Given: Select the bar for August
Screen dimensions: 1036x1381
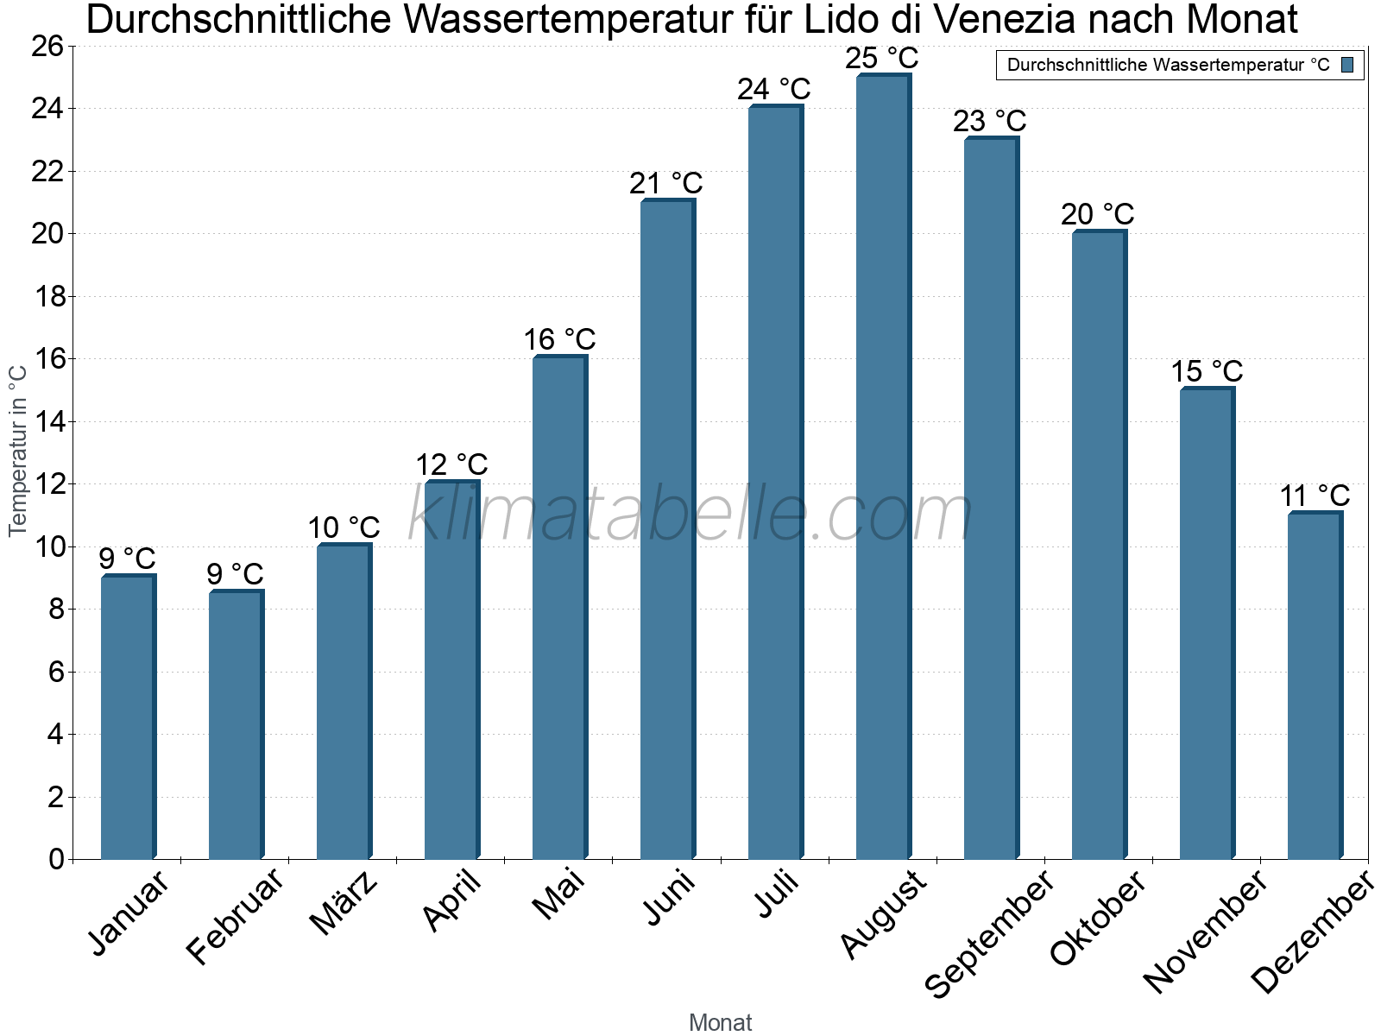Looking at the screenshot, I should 883,466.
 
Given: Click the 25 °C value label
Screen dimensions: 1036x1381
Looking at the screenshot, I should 881,59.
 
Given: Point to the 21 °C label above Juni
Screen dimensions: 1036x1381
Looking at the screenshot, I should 665,184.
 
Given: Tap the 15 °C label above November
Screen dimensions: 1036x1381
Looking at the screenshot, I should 1206,372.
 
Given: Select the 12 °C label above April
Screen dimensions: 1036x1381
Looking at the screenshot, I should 451,465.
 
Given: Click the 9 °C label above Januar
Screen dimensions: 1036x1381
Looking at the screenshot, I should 127,559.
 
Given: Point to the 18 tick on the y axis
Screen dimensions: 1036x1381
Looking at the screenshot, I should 49,297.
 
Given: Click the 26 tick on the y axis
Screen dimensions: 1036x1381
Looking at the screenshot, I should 49,47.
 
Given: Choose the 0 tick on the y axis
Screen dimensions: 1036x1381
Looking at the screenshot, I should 57,859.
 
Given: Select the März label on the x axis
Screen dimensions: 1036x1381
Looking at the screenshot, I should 344,902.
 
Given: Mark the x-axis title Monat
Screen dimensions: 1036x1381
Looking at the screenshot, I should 720,1022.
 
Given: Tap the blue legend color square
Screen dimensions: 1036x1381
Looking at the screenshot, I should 1347,65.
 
